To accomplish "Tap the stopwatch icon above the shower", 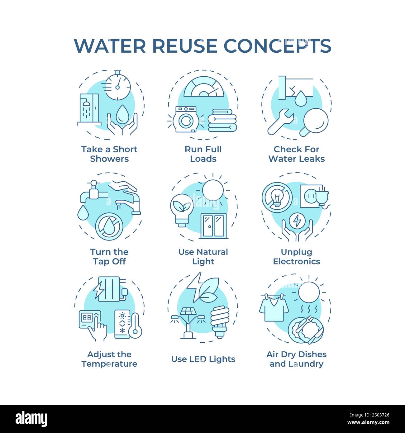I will pos(117,86).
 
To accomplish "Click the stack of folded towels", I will pos(222,120).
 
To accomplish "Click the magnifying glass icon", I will pos(315,121).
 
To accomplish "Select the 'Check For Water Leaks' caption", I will pos(296,154).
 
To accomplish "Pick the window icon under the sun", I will pos(213,226).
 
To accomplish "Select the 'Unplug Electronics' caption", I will pos(296,257).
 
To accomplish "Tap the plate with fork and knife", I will pos(306,330).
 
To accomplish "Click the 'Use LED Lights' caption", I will pos(203,359).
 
